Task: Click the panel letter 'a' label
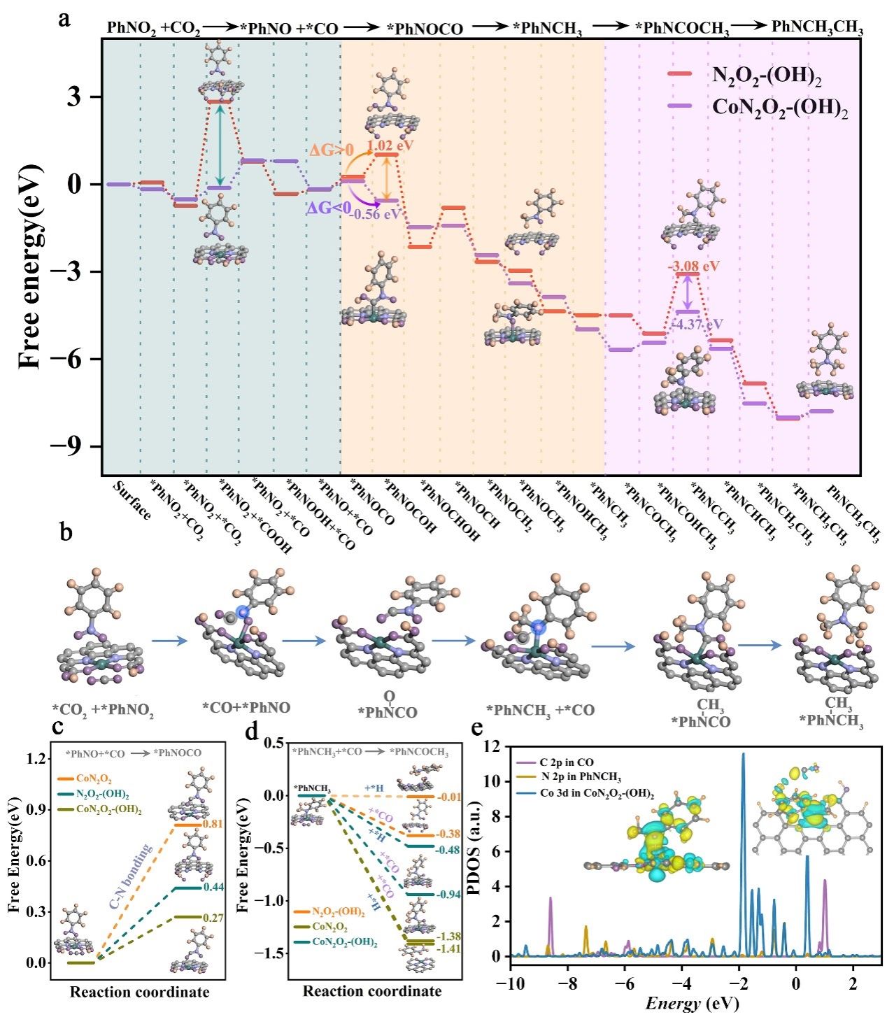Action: [65, 19]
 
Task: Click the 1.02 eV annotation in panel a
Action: [390, 145]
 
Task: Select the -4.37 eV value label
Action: [697, 325]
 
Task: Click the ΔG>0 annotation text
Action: [331, 150]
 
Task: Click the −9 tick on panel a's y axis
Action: [71, 447]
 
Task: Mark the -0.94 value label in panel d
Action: [448, 895]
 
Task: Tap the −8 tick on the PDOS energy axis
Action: [568, 984]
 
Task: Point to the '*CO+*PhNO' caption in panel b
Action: [246, 708]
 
